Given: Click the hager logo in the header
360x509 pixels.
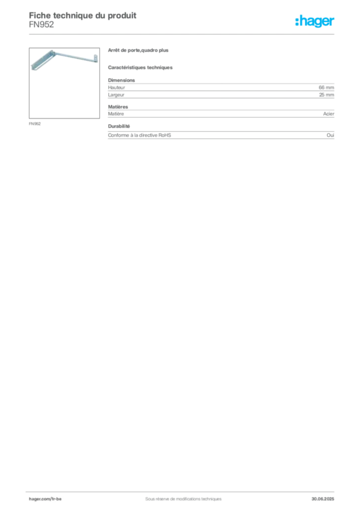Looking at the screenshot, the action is (x=315, y=21).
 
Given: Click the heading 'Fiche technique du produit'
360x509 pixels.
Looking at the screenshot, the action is (x=83, y=15).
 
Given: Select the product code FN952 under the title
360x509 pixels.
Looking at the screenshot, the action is (x=42, y=25).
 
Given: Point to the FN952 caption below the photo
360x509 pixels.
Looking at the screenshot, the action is (x=35, y=124).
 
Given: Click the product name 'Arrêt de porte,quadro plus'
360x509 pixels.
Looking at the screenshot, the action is (x=138, y=50).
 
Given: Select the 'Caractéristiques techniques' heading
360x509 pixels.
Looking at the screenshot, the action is (x=140, y=68).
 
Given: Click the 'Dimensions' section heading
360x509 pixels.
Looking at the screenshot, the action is (x=121, y=80).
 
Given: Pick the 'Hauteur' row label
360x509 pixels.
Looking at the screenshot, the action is (x=116, y=87).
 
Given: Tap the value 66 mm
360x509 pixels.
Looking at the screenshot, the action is (x=326, y=87).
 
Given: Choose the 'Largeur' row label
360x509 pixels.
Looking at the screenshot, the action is (x=116, y=95).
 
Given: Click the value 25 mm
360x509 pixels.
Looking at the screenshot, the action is (x=327, y=95).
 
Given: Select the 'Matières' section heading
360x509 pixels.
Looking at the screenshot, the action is (x=118, y=107).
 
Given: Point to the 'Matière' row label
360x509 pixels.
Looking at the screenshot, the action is (x=116, y=114).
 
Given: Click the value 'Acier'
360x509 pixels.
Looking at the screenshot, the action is (x=329, y=114).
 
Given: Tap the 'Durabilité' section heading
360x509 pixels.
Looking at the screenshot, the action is (x=119, y=126).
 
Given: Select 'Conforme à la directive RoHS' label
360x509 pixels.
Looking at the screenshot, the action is (x=140, y=135).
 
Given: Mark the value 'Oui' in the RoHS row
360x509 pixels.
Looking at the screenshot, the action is (x=331, y=135).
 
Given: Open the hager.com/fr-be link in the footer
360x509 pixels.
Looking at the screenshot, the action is (x=45, y=499).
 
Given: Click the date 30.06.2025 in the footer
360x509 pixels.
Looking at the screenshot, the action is (x=323, y=499).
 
